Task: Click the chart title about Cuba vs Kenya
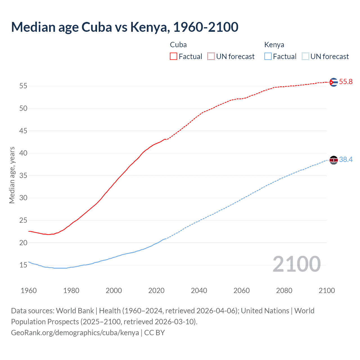coord(125,27)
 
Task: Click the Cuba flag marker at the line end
coord(333,82)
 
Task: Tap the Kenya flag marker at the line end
coord(333,160)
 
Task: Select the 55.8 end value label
coord(346,82)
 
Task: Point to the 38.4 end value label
coord(346,160)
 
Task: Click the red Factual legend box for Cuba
coord(174,56)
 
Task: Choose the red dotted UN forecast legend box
coord(211,56)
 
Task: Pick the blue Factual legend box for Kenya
coord(268,56)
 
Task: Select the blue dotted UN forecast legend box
coord(305,56)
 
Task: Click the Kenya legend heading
coord(274,45)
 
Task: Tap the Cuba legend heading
coord(178,45)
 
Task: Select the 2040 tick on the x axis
coord(199,291)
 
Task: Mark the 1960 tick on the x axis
coord(29,291)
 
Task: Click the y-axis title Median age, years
coord(12,175)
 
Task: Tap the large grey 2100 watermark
coord(296,264)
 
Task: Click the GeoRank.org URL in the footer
coord(75,333)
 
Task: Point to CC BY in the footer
coord(154,333)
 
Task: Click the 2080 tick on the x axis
coord(284,291)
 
